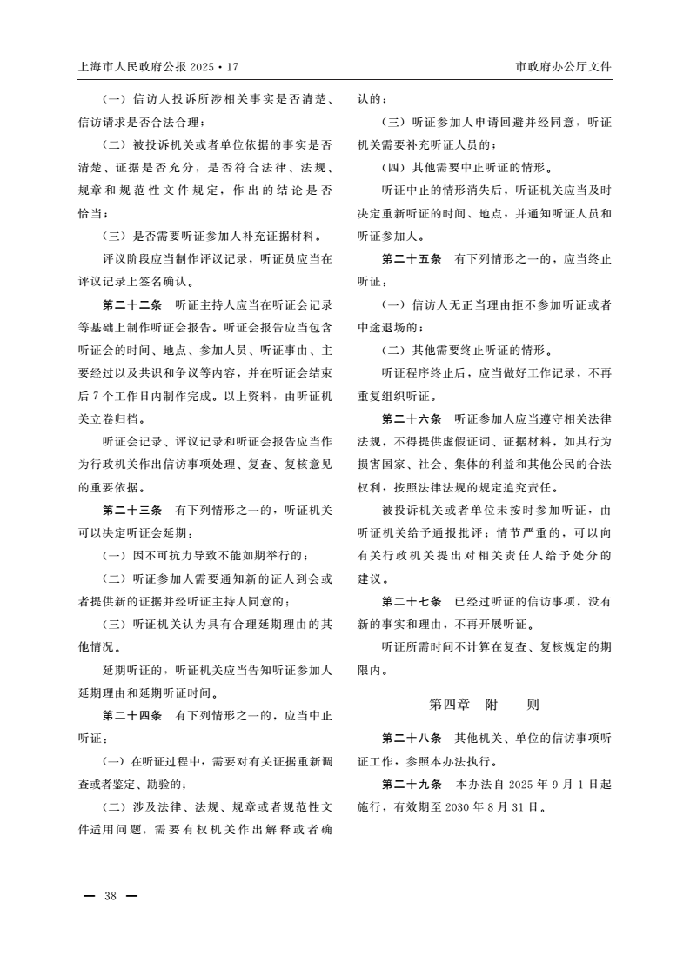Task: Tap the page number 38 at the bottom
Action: pos(110,896)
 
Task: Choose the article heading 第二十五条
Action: pos(412,259)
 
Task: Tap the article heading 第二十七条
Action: pos(412,601)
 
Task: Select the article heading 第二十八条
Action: pos(412,738)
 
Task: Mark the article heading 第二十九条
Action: pos(412,784)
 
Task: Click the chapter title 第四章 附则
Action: pos(485,703)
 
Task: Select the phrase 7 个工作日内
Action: pos(119,397)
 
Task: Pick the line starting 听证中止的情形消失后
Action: pos(496,191)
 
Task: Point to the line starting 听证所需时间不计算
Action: pos(496,646)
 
